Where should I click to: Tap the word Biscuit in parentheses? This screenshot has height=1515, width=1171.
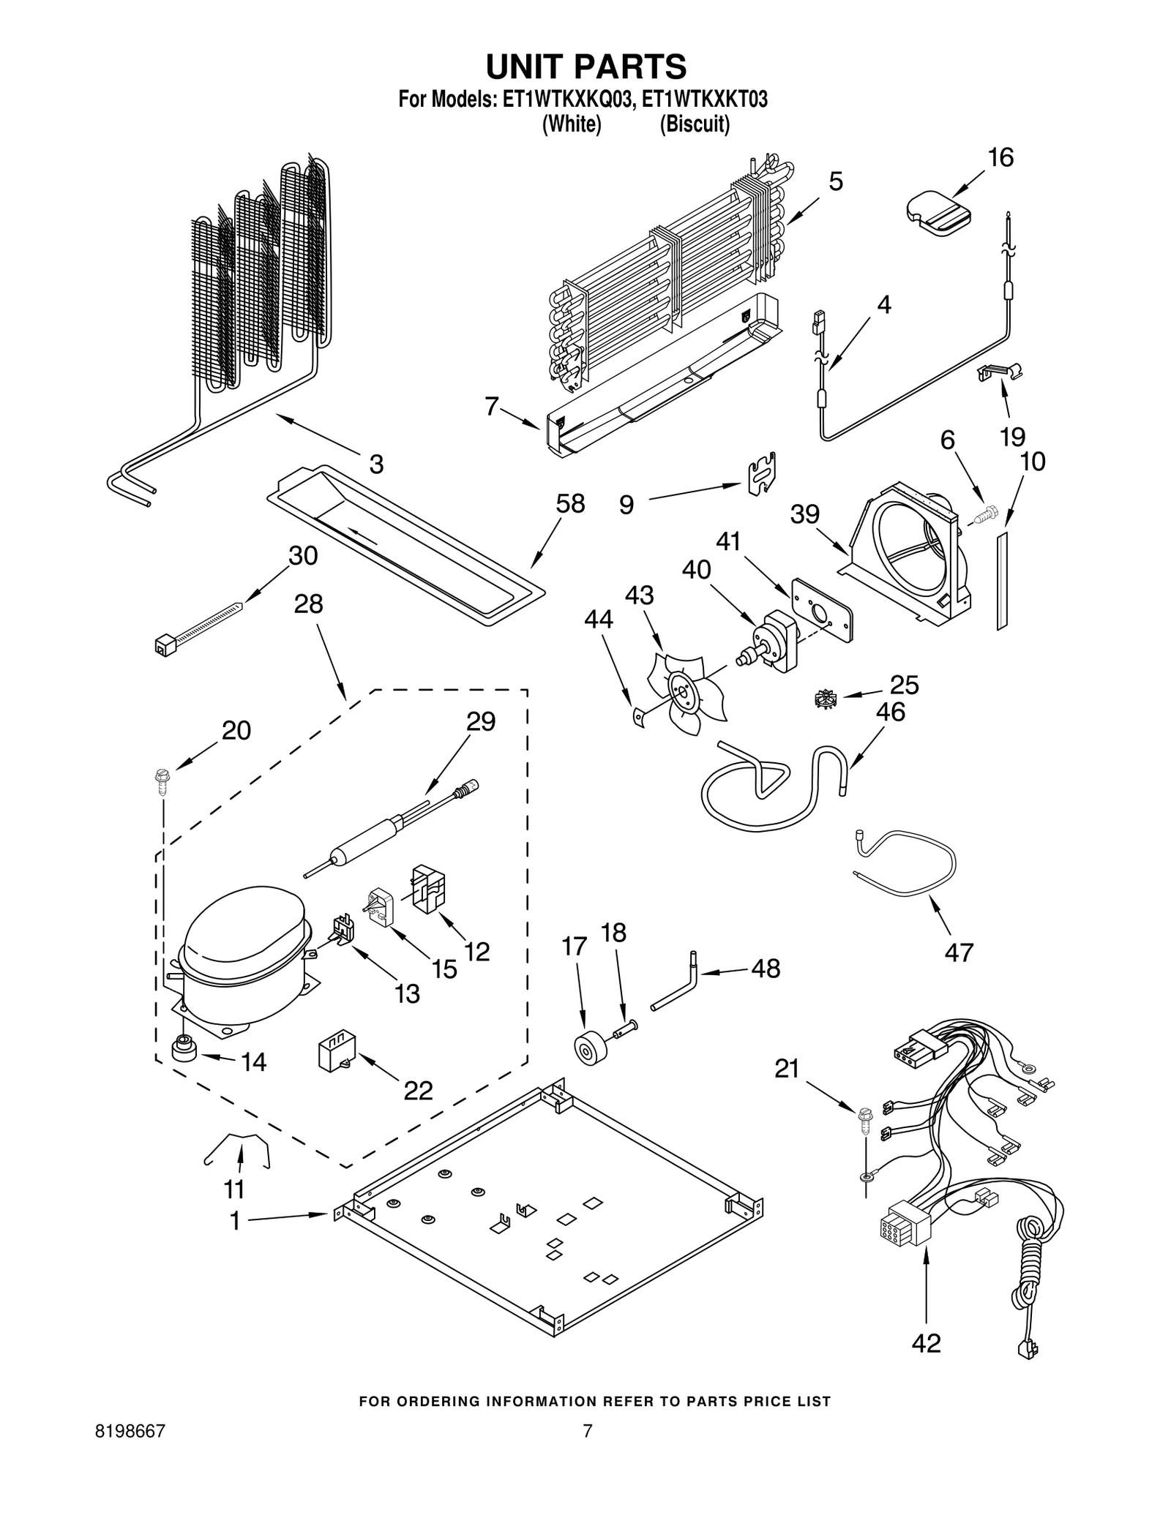[x=695, y=125]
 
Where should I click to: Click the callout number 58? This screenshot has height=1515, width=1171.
[x=570, y=504]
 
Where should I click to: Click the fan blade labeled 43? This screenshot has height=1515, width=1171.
[x=684, y=692]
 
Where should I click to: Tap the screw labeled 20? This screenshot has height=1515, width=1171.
[x=161, y=780]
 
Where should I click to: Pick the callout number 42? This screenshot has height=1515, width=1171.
[x=926, y=1343]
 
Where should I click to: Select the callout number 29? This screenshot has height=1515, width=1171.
[x=481, y=722]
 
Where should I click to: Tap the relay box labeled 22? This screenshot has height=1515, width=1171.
[x=337, y=1054]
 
